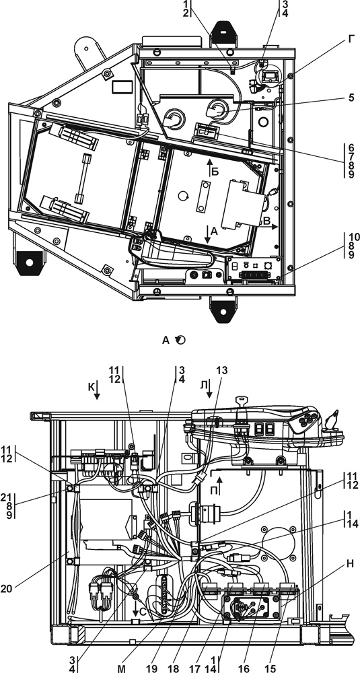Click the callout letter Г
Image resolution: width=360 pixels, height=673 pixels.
coord(351,40)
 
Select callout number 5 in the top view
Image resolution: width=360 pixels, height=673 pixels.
coord(351,98)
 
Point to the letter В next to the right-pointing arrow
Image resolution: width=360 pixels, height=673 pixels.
coord(266,221)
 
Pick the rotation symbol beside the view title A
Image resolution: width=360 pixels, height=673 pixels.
coord(181,341)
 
